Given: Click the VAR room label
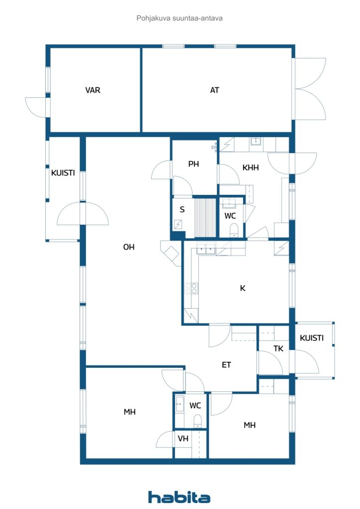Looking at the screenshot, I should (x=93, y=90).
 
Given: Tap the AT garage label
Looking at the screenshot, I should (x=215, y=90).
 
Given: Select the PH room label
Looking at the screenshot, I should (x=193, y=164).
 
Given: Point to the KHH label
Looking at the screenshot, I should (x=251, y=168).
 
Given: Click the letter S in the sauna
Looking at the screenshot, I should (x=182, y=210).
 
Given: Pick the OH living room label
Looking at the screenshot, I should (x=129, y=247).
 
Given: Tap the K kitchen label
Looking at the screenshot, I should (x=243, y=288).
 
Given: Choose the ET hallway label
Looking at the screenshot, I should (x=226, y=365).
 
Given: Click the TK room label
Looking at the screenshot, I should (x=278, y=349).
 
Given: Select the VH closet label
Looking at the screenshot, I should (x=183, y=438).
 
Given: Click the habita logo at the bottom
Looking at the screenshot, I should (x=179, y=497).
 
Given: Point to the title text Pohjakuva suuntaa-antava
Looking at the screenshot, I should (x=179, y=18).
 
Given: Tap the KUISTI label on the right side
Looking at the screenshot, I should (x=312, y=338).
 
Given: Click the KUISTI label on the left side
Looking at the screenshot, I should (x=63, y=173).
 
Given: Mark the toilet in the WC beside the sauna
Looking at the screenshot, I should (x=234, y=230).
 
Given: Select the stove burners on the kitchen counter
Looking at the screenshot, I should (x=191, y=288).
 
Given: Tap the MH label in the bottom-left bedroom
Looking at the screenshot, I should (x=130, y=412).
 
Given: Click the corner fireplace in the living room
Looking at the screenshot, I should (x=171, y=253).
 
